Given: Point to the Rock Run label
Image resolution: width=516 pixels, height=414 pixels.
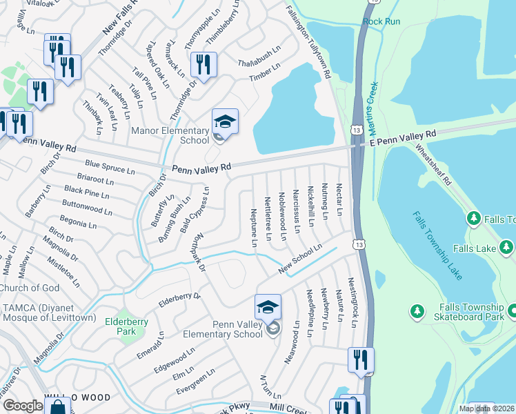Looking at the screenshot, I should pos(381,21).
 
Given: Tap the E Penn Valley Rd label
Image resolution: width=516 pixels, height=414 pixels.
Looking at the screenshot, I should pos(403,137).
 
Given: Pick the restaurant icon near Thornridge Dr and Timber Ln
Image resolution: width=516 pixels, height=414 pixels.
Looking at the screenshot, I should pos(204,65).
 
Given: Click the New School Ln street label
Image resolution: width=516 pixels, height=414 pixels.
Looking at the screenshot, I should pos(300,259).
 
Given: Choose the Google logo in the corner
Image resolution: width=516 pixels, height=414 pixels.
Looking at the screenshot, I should pos(22,405).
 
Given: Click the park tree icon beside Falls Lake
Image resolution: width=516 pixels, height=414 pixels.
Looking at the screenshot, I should pos(473,219).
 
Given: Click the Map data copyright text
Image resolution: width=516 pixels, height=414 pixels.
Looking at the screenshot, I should pos(486,408).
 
